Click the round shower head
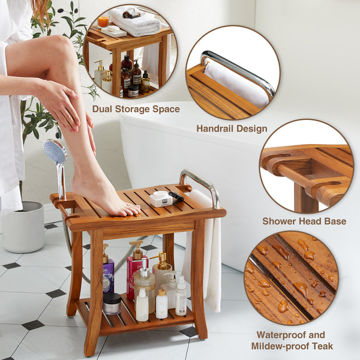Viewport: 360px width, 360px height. pos(55,152)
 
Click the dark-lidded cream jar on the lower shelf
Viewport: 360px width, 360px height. pos(112,304)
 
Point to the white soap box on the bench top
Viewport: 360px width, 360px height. pos(161,199)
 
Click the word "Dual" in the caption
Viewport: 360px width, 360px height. pos(102,109)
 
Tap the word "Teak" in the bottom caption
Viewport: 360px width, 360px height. pos(323,346)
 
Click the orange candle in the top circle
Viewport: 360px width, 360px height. pos(103,22)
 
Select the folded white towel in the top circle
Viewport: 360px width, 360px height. pos(135,22)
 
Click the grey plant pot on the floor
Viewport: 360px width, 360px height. pos(23,227)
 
